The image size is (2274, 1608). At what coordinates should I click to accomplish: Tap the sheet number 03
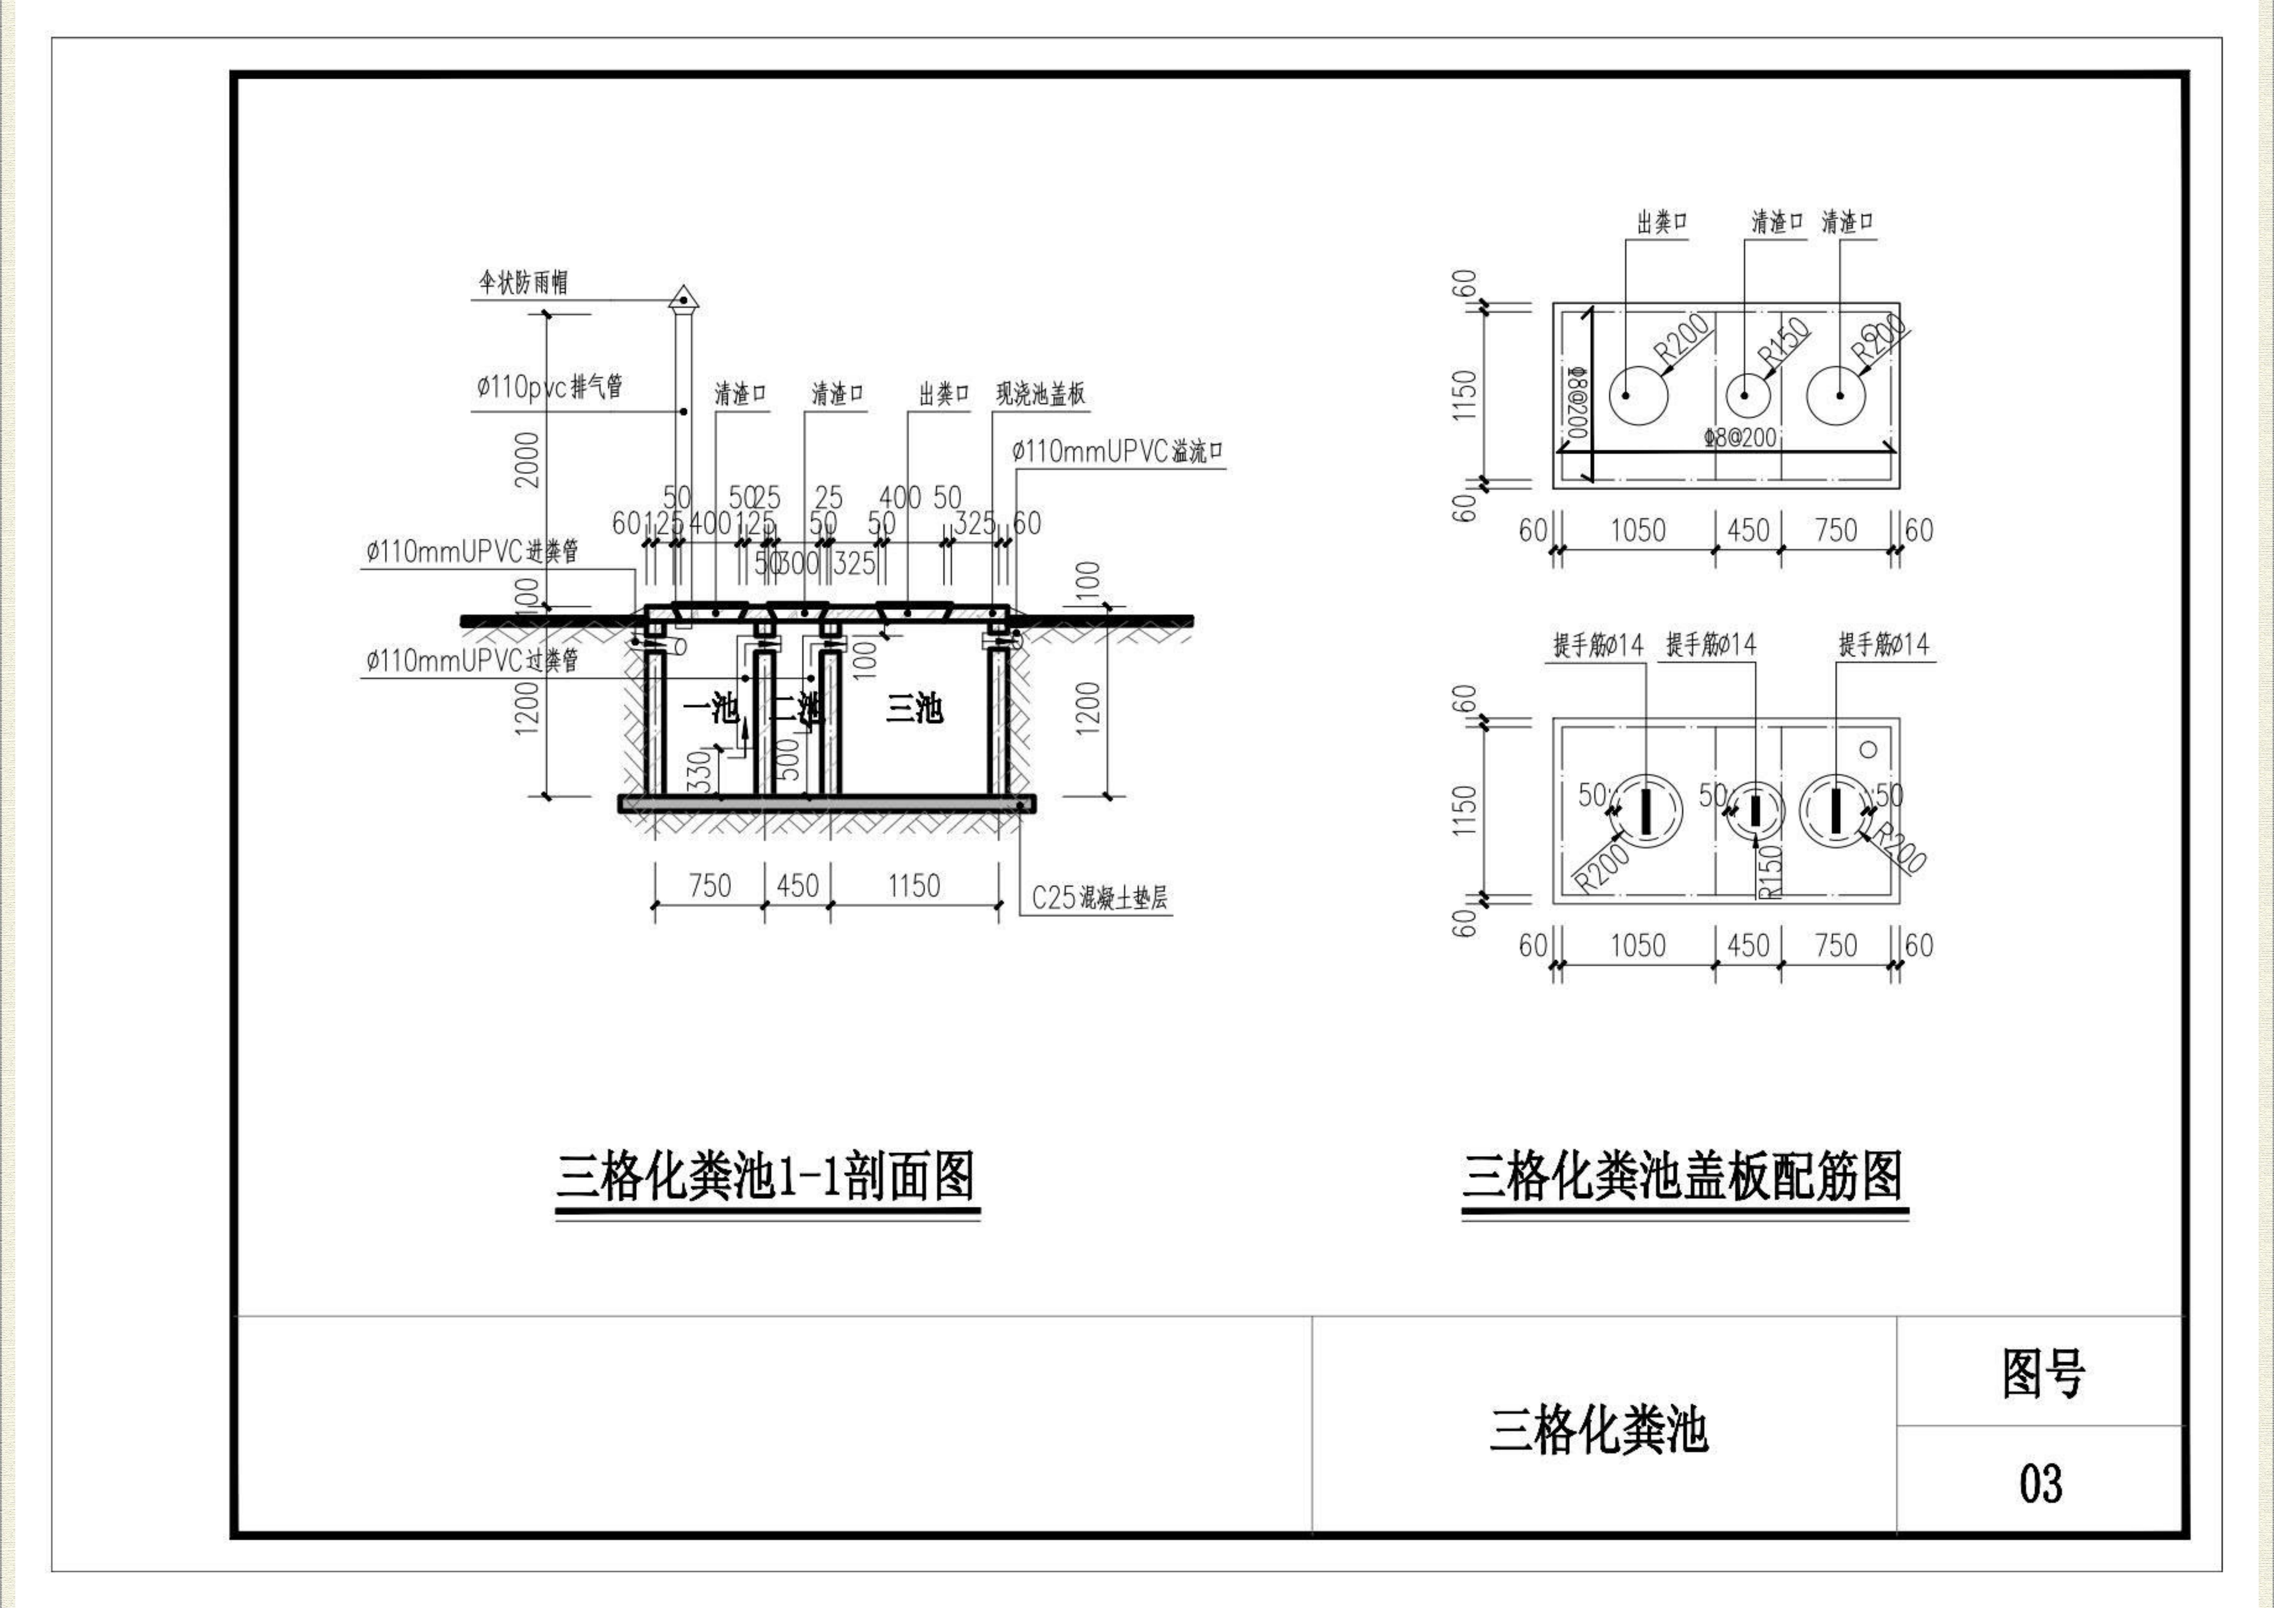tap(2040, 1482)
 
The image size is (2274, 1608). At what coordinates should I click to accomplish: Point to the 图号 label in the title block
tap(2042, 1373)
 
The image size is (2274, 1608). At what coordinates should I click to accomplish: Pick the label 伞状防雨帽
tap(524, 283)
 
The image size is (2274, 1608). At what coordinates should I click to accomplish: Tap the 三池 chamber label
tap(913, 708)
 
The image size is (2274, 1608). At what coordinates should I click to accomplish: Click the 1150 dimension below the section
tap(913, 885)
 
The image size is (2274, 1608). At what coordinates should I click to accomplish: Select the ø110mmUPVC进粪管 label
tap(472, 552)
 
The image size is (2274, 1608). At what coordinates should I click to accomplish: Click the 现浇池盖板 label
tap(1040, 394)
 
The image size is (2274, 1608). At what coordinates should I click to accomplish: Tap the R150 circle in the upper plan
tap(1748, 395)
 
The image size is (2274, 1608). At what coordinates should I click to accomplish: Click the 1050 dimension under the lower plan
tap(1637, 946)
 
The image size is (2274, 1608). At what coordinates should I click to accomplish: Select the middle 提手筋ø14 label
tap(1711, 645)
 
